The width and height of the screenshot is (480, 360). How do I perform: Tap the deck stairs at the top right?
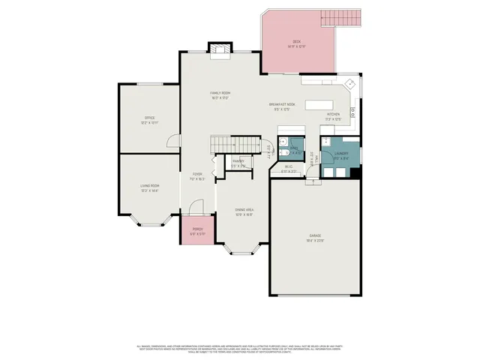click(x=342, y=17)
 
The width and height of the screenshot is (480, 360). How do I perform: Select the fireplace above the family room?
click(x=220, y=50)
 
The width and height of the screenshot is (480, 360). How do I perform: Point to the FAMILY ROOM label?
click(x=220, y=93)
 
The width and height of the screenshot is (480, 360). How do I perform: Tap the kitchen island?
click(x=320, y=104)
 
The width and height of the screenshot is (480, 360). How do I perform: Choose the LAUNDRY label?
click(x=341, y=154)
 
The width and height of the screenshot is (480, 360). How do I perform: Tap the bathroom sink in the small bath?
click(x=282, y=142)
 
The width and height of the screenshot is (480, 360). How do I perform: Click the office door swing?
click(x=173, y=141)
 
